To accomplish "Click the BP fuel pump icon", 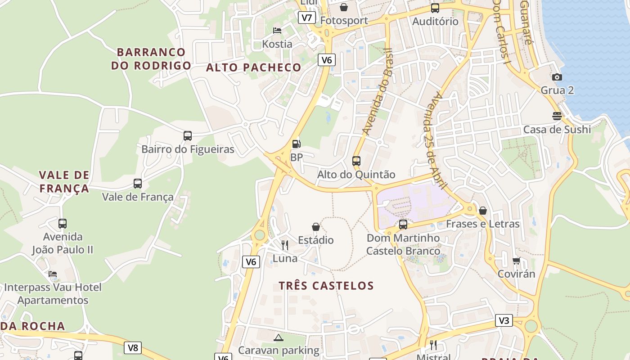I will click(x=296, y=144).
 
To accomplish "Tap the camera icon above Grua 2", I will click(x=557, y=77).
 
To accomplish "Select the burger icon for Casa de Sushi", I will click(x=557, y=116).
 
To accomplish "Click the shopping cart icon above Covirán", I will click(x=516, y=261).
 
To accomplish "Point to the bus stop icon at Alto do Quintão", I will click(x=356, y=161).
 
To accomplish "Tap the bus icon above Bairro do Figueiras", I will click(x=188, y=135).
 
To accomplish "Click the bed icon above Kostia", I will click(x=277, y=31).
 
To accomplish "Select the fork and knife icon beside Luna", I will click(x=285, y=245).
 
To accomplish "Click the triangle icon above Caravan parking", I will click(x=279, y=337).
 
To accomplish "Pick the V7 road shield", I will click(x=306, y=18).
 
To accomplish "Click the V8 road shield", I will click(x=133, y=347).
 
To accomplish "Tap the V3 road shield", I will click(x=504, y=320).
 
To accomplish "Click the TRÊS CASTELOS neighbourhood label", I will click(x=326, y=286).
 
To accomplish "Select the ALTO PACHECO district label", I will click(x=254, y=67).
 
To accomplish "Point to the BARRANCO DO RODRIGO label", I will click(x=151, y=58).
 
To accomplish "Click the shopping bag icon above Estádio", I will click(x=316, y=227).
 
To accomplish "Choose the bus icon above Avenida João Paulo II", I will click(x=63, y=223).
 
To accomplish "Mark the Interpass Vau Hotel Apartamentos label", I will click(x=53, y=293).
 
